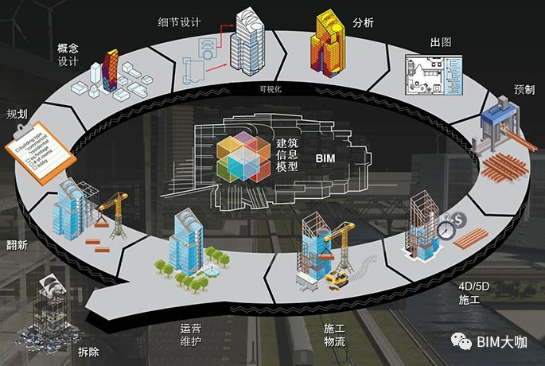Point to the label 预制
pos(525,90)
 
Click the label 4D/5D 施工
pos(469,293)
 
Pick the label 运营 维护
pos(192,333)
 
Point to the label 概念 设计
pos(68,54)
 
